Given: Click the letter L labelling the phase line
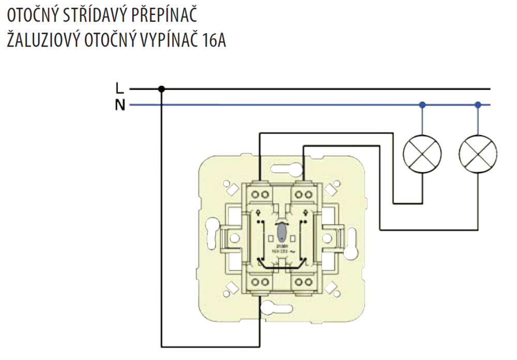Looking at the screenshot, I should [120, 88].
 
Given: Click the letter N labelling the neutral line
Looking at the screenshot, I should [120, 106].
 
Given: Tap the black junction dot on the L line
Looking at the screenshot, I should [161, 89].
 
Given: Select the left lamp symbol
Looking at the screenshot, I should [422, 155].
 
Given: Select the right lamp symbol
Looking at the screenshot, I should [478, 155].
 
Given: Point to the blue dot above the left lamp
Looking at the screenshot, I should [422, 105].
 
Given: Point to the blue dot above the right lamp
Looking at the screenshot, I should [478, 105].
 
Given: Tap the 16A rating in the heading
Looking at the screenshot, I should [212, 40].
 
